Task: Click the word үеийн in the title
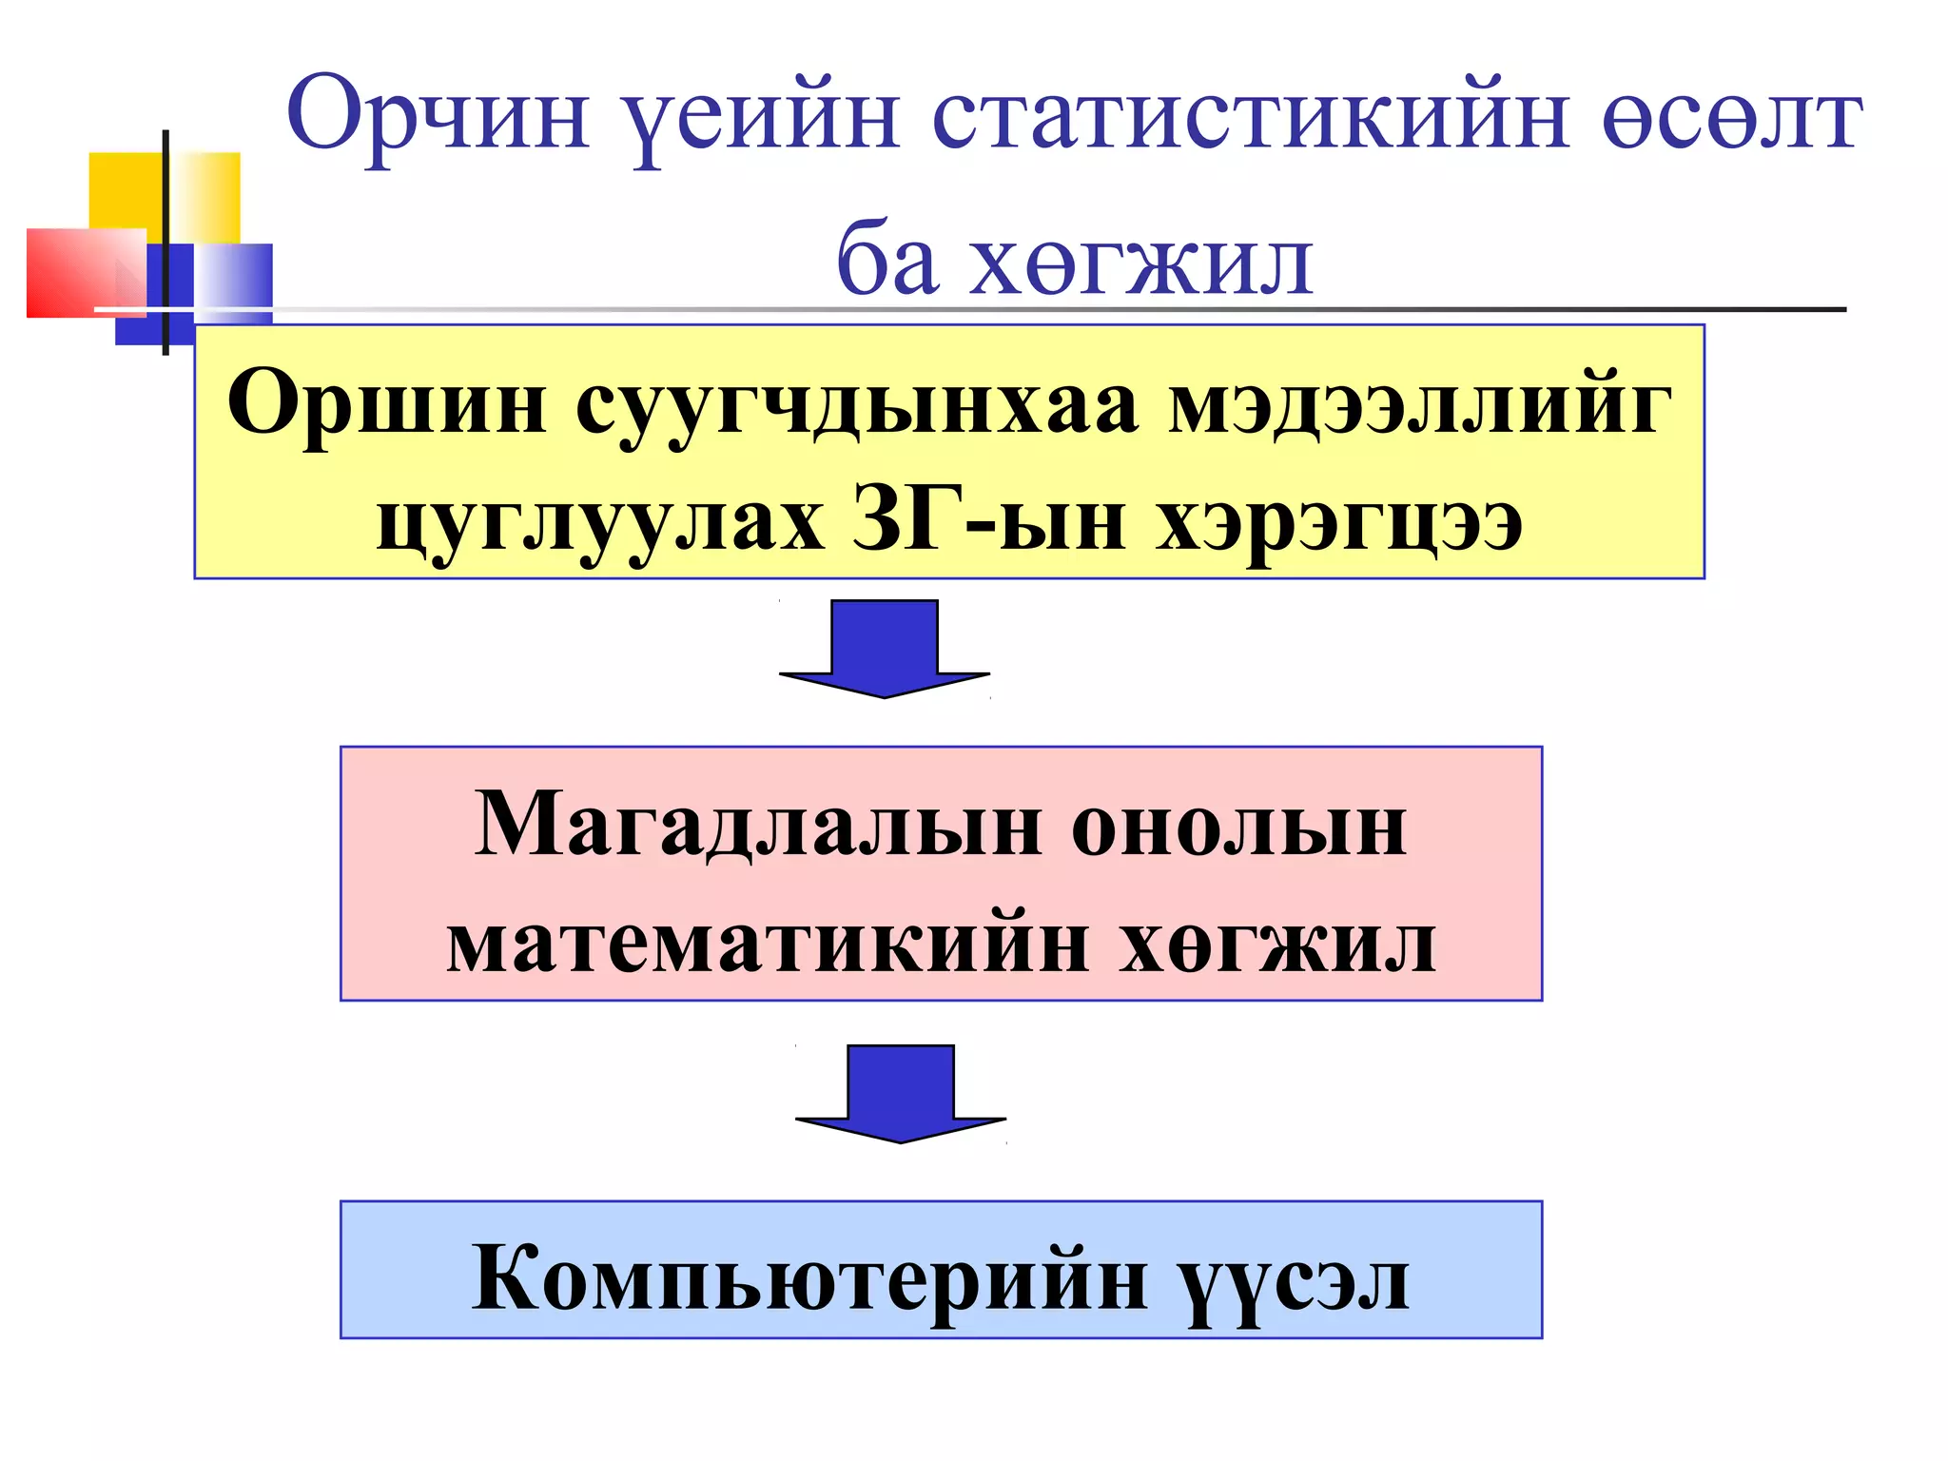pyautogui.click(x=766, y=119)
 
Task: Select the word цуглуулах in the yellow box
pyautogui.click(x=600, y=523)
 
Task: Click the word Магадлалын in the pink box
pyautogui.click(x=757, y=826)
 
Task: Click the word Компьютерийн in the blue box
pyautogui.click(x=809, y=1278)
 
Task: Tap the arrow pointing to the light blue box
pyautogui.click(x=901, y=1094)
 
